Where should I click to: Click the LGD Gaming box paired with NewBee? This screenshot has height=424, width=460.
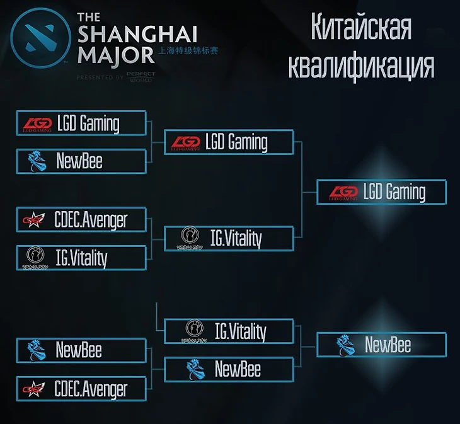pos(82,123)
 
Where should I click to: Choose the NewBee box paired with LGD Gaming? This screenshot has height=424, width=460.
pos(82,161)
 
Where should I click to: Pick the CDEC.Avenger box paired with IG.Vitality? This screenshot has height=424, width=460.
pos(82,219)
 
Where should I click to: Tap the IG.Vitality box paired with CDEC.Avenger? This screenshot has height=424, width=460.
pos(82,257)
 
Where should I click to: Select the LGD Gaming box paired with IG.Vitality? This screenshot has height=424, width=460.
pos(229,142)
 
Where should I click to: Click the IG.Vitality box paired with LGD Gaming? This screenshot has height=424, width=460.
pos(229,238)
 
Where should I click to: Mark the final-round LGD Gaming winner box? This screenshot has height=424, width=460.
pos(381,192)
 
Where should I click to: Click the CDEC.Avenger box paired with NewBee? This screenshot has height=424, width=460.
pos(82,389)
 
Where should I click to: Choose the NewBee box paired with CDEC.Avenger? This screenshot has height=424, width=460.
pos(82,350)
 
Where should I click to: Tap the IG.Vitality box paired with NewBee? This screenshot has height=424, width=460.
pos(229,331)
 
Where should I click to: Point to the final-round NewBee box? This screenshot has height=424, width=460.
pos(381,345)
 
